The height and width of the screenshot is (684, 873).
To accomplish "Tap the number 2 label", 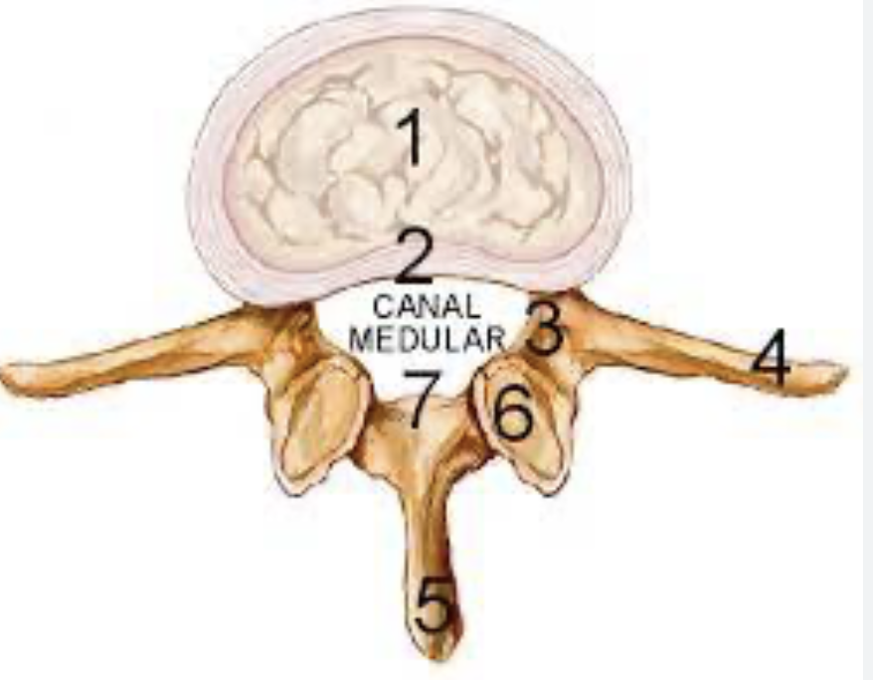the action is click(412, 256).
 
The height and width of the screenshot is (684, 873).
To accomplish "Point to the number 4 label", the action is click(771, 361).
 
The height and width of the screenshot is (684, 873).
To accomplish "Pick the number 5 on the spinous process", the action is click(432, 604).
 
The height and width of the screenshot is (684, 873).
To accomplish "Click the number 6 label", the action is click(513, 414).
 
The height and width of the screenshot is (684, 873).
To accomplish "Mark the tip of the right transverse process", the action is click(842, 375).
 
